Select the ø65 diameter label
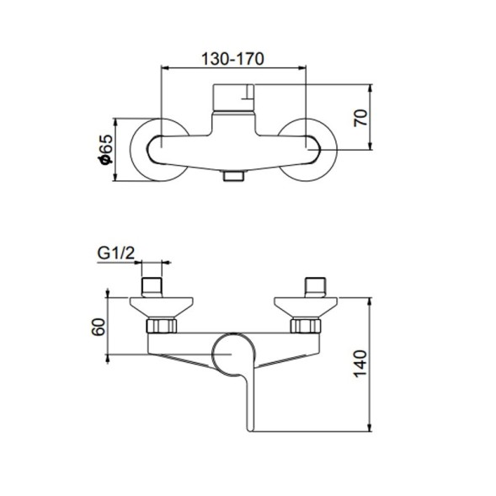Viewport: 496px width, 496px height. tap(105, 150)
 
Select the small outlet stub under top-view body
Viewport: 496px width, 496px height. tap(233, 176)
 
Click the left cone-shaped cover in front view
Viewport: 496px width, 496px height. tap(163, 305)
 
